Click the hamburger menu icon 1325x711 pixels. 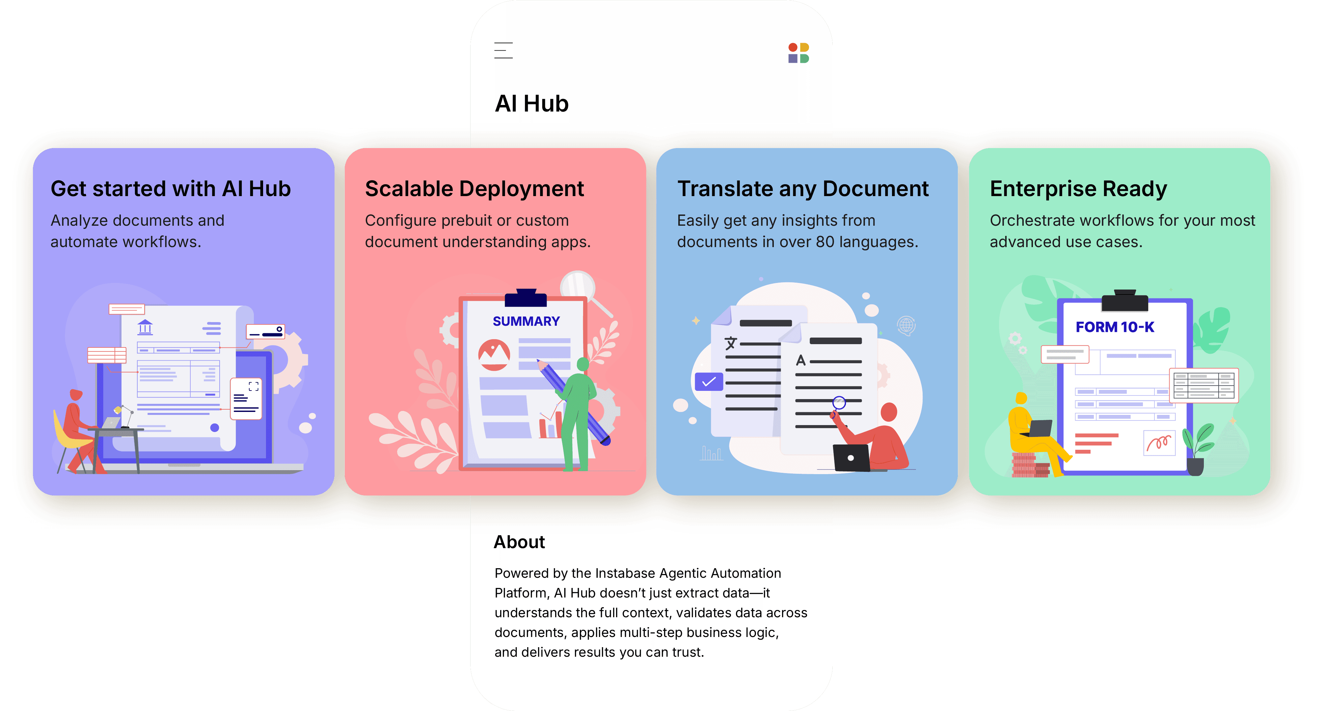pyautogui.click(x=503, y=50)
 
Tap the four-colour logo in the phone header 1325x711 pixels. pyautogui.click(x=798, y=53)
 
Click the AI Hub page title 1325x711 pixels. pyautogui.click(x=531, y=104)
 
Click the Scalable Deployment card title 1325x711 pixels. pyautogui.click(x=474, y=189)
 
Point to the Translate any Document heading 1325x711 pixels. pyautogui.click(x=802, y=189)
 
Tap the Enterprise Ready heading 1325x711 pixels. pyautogui.click(x=1078, y=189)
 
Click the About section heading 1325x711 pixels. pyautogui.click(x=519, y=542)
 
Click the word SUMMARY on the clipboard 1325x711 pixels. pyautogui.click(x=526, y=321)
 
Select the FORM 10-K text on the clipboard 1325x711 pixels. pyautogui.click(x=1115, y=327)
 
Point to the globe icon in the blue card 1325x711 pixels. pyautogui.click(x=906, y=325)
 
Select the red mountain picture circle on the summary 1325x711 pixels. pyautogui.click(x=494, y=355)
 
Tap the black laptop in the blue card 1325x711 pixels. pyautogui.click(x=851, y=457)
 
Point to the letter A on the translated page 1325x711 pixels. pyautogui.click(x=800, y=360)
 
